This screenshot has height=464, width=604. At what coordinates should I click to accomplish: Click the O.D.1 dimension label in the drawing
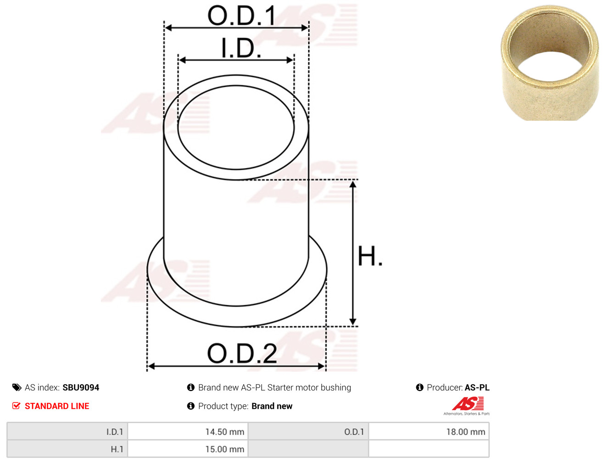[241, 16]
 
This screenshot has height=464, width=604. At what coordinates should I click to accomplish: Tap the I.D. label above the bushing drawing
[241, 48]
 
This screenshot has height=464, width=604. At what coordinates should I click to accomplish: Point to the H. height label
[370, 256]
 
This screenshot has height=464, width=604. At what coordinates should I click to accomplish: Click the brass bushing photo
[550, 63]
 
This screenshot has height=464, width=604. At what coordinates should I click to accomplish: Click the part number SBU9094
[81, 388]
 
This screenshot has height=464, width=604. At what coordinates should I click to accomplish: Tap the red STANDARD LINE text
[57, 406]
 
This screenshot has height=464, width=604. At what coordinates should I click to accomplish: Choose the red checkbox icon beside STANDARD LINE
[17, 406]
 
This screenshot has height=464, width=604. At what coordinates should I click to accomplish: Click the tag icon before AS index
[17, 388]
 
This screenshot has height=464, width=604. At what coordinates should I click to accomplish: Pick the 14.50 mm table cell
[188, 432]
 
